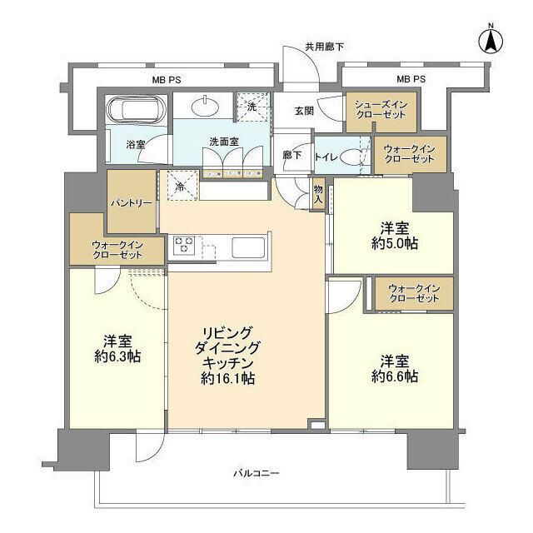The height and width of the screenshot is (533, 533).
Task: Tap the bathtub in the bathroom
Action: [136, 110]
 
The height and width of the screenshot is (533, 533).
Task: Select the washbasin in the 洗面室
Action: [205, 106]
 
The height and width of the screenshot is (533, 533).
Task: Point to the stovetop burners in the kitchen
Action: [185, 247]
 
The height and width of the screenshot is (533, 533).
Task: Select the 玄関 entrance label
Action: [304, 110]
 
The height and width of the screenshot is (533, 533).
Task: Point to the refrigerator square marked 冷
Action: [182, 187]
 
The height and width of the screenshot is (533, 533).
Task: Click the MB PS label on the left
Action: [167, 80]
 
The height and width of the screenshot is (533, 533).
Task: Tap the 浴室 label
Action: [135, 144]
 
